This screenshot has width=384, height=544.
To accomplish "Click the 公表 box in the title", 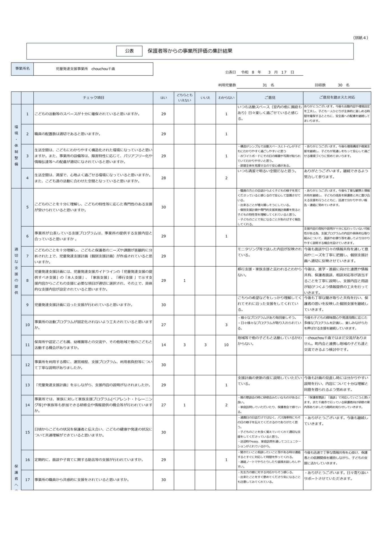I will tap(129, 51).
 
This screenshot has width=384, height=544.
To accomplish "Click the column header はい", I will tap(163, 98).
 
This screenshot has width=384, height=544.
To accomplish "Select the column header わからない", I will tap(226, 98).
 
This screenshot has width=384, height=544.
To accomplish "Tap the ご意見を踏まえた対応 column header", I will tap(337, 98).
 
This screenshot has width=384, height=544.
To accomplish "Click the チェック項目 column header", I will tap(93, 98).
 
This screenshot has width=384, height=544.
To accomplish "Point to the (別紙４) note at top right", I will tap(361, 38).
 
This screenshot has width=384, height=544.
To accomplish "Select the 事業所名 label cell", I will tap(22, 69).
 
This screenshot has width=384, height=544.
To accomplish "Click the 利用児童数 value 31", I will tap(265, 85).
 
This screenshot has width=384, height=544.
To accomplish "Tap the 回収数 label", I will tap(320, 85).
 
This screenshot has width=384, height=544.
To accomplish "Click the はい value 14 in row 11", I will tap(163, 345).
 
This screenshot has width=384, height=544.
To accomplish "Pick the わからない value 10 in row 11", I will tap(226, 345).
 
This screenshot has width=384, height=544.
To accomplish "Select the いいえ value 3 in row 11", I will tap(205, 345).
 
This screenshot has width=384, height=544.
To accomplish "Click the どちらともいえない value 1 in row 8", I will tap(184, 280).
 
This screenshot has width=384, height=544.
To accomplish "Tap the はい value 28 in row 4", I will tap(163, 178).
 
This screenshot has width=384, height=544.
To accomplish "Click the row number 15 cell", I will tap(27, 432).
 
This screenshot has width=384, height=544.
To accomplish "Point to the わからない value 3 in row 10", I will tap(226, 325).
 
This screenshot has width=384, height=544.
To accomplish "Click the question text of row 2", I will tap(67, 134).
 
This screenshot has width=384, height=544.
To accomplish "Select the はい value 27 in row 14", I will tap(163, 405).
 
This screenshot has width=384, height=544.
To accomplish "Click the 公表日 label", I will tap(230, 72).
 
